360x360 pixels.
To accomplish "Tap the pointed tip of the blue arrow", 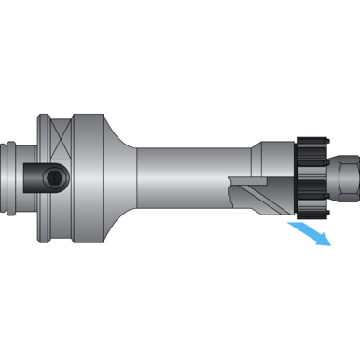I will pyautogui.click(x=330, y=245).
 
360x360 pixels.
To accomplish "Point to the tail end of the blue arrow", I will pyautogui.click(x=291, y=223).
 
